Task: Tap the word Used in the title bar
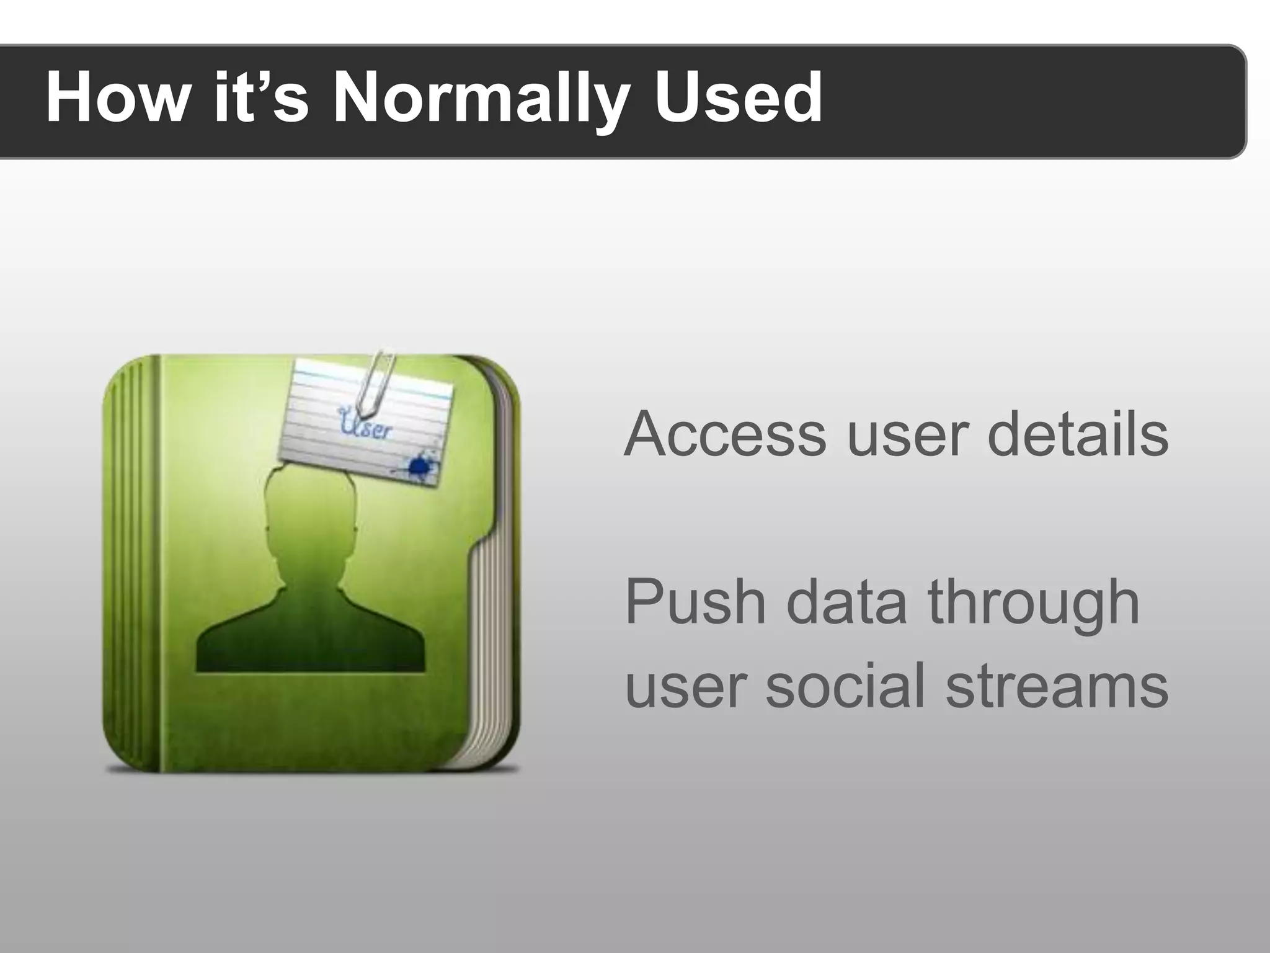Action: pyautogui.click(x=739, y=98)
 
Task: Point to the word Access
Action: pyautogui.click(x=725, y=434)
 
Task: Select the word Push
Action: pyautogui.click(x=695, y=601)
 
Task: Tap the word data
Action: pyautogui.click(x=846, y=601)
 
